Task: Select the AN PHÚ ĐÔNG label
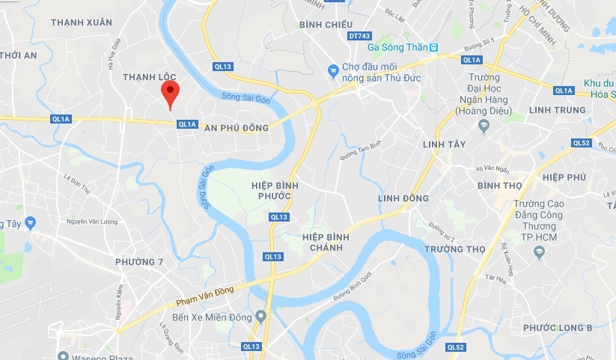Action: pyautogui.click(x=236, y=128)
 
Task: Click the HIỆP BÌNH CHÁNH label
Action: pyautogui.click(x=328, y=242)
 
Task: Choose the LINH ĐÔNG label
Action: pyautogui.click(x=403, y=198)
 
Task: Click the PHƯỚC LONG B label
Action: pyautogui.click(x=558, y=328)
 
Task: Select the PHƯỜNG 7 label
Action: pyautogui.click(x=138, y=261)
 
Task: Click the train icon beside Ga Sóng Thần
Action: pyautogui.click(x=434, y=47)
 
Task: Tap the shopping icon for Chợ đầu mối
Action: pyautogui.click(x=334, y=71)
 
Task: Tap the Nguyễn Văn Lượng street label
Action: pyautogui.click(x=93, y=221)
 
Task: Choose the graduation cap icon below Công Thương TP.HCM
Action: pyautogui.click(x=538, y=254)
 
